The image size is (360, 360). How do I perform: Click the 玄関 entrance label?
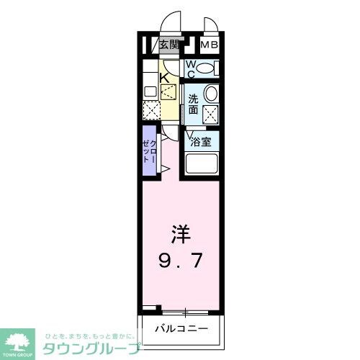point(168,45)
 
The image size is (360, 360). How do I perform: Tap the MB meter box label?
point(209,45)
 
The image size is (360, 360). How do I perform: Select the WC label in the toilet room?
point(191,69)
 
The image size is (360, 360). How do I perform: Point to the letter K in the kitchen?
point(164,78)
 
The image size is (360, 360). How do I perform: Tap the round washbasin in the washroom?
point(211,94)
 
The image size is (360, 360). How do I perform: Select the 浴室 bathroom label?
point(201,142)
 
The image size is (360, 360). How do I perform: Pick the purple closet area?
point(148,152)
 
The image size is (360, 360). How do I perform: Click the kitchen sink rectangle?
point(150,91)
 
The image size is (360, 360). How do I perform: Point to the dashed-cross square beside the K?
point(168,92)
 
